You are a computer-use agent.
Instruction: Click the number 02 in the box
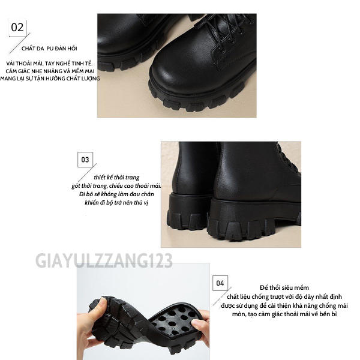tap(17, 28)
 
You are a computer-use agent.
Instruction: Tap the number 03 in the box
tap(85, 160)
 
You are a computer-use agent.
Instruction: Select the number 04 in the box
tap(220, 283)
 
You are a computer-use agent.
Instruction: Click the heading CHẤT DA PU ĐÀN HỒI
tap(49, 49)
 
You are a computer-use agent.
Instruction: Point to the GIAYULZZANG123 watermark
tap(104, 260)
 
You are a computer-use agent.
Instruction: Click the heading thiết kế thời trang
tap(116, 178)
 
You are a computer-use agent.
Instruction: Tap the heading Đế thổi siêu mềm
tap(284, 287)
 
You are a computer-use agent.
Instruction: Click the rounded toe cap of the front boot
tap(175, 73)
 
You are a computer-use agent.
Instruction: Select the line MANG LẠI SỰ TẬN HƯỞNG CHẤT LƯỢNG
tap(50, 79)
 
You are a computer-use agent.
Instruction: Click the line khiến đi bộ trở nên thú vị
tap(116, 203)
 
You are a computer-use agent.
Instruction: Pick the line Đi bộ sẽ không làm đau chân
tap(116, 194)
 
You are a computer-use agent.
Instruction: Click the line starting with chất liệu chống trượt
tap(284, 296)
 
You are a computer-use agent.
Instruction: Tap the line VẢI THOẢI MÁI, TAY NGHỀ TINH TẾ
tap(49, 64)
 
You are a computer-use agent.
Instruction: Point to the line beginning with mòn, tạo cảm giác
tap(284, 314)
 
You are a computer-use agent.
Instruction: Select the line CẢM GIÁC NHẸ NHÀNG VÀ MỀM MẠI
tap(50, 71)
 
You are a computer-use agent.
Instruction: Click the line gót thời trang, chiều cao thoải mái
tap(116, 186)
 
